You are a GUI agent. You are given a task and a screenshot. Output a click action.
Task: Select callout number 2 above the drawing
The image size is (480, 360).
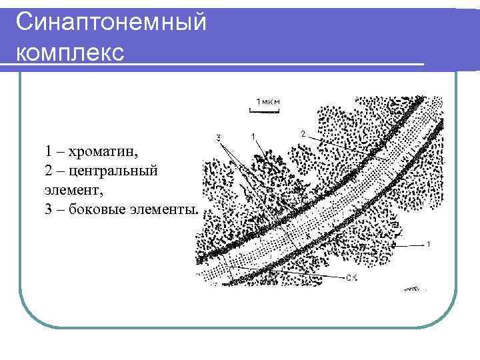pyautogui.click(x=303, y=134)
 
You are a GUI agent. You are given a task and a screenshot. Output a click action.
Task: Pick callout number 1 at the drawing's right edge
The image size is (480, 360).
pyautogui.click(x=428, y=244)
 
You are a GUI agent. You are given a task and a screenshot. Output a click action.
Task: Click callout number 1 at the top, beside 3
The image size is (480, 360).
pyautogui.click(x=253, y=137)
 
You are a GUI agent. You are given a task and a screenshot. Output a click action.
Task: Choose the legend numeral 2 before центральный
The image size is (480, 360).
pyautogui.click(x=49, y=171)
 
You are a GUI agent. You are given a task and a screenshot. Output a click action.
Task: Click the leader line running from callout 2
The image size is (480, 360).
pyautogui.click(x=333, y=146)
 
